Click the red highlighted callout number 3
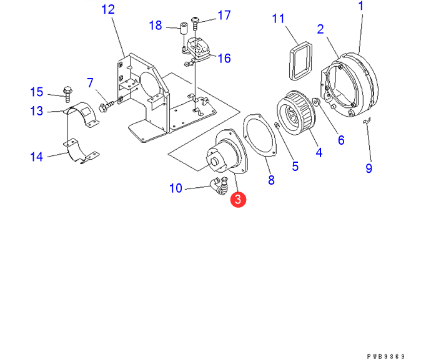[238, 200]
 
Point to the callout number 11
[279, 19]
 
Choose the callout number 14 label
[37, 157]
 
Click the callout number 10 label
[176, 188]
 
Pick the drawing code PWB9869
[391, 356]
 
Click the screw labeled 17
[196, 23]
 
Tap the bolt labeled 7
[108, 104]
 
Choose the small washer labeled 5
[277, 129]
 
